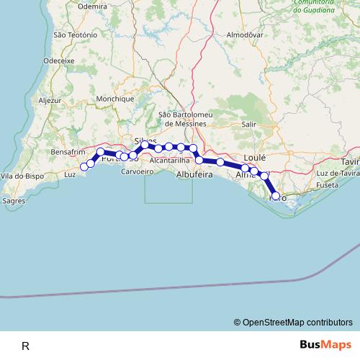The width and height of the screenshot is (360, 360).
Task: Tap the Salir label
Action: (249, 124)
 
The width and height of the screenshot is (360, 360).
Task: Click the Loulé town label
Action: (255, 156)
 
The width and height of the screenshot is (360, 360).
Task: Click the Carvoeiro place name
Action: (138, 172)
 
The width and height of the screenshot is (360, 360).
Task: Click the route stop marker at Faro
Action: (276, 196)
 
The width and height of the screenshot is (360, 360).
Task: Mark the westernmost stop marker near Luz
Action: (84, 166)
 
